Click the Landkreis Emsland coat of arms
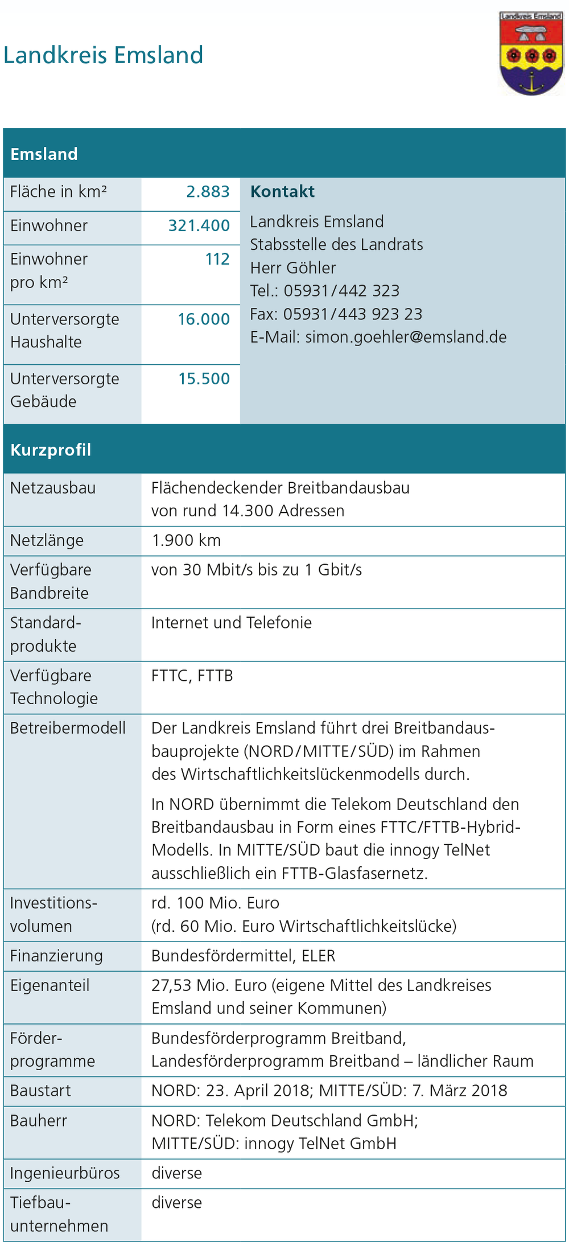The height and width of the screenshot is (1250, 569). (531, 54)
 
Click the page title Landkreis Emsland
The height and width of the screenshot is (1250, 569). (104, 55)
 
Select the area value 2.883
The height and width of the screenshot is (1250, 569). (208, 192)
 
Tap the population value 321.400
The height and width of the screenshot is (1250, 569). (199, 226)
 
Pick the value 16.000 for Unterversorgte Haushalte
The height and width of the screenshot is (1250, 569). (203, 319)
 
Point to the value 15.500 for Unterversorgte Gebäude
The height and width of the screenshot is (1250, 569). (204, 379)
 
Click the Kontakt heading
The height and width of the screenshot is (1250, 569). (282, 192)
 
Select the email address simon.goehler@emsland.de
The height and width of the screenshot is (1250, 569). (406, 337)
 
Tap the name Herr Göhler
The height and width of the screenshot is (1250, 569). (293, 268)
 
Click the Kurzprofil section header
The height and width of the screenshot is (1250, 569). (51, 450)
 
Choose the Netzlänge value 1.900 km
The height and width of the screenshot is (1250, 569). (186, 540)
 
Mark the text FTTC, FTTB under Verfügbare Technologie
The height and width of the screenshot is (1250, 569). (192, 676)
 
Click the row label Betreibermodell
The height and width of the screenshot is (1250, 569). (68, 728)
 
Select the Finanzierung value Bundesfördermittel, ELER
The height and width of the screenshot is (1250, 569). (243, 956)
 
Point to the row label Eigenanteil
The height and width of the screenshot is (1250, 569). (50, 985)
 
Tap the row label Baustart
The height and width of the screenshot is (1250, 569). (40, 1091)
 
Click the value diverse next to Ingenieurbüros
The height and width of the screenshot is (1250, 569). (176, 1173)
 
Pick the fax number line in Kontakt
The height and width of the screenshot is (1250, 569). (336, 314)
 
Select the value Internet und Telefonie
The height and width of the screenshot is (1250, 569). (231, 623)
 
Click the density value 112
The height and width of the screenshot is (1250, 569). (217, 260)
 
